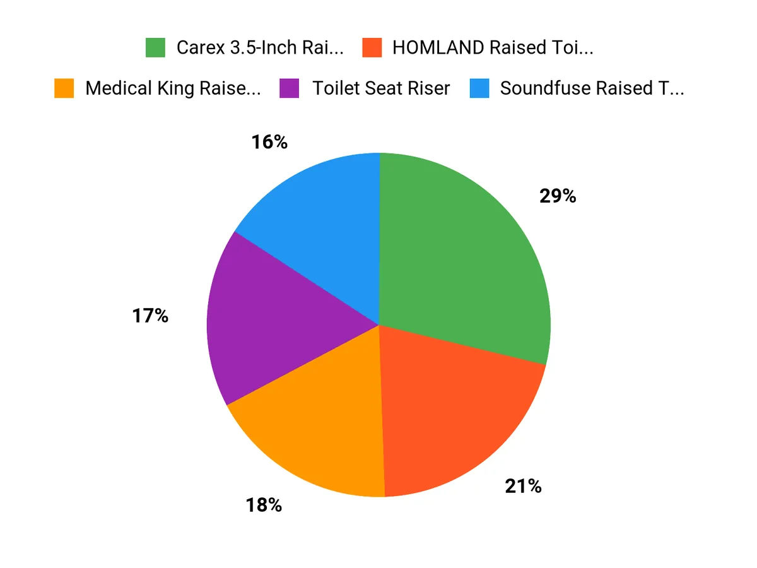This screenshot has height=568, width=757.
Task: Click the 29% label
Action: point(558,196)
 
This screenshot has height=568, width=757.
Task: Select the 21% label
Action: point(523,486)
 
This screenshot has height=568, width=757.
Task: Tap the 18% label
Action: point(263,505)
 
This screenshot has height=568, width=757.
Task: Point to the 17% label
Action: point(150,316)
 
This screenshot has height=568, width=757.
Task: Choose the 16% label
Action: point(269,143)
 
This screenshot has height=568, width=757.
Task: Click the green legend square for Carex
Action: point(155,48)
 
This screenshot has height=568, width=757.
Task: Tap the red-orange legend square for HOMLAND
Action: point(372,48)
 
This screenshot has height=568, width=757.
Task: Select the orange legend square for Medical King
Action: point(64,88)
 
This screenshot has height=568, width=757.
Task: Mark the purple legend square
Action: point(288,88)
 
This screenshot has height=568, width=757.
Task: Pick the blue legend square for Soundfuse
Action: point(479,88)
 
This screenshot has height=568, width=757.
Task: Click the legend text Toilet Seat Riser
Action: point(381,88)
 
